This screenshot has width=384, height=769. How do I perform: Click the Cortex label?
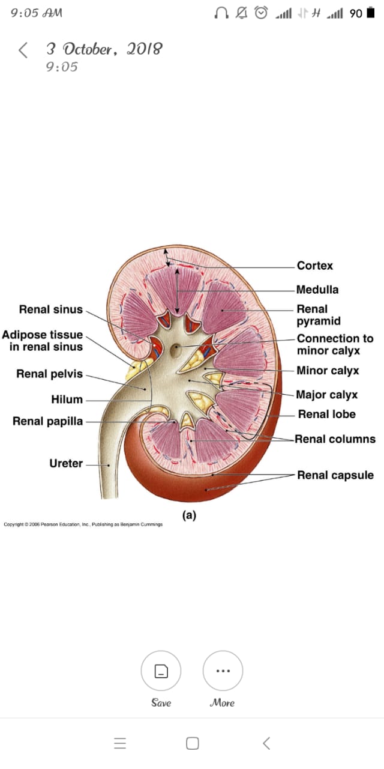(x=314, y=266)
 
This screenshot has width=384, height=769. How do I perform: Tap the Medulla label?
(x=317, y=290)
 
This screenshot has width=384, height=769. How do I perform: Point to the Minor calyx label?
(x=328, y=371)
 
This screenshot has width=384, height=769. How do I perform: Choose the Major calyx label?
(x=327, y=395)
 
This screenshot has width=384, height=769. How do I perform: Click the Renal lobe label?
(x=327, y=415)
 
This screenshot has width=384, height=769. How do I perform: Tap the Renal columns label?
(x=335, y=439)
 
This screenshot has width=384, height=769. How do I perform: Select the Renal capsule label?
(x=335, y=475)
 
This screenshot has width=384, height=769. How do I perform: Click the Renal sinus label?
(x=51, y=310)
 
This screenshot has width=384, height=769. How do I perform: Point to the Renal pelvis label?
(x=50, y=374)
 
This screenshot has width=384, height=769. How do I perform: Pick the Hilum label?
(x=67, y=400)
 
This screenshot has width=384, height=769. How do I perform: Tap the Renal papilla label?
(x=48, y=421)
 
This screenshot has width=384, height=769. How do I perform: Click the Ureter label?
(x=66, y=463)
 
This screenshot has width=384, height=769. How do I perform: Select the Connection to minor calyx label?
(x=335, y=344)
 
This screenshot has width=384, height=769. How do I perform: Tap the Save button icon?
(x=161, y=670)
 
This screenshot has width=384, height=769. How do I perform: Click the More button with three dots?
(x=223, y=670)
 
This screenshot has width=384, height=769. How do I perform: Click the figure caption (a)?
(x=189, y=515)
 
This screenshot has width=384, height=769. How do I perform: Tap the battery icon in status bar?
(x=370, y=13)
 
